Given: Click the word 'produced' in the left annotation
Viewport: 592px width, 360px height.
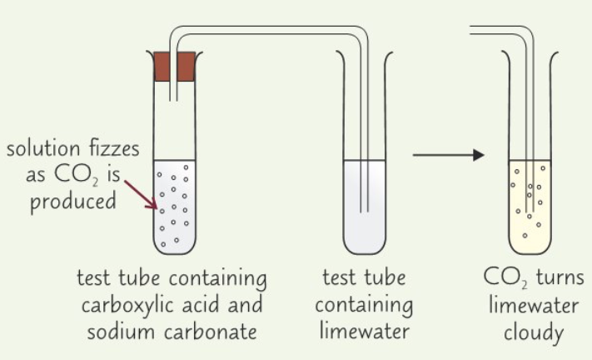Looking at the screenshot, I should point(73,202).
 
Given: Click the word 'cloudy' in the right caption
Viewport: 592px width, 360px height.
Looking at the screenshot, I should point(532,331).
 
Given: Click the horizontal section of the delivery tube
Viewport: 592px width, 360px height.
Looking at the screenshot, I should point(266,33).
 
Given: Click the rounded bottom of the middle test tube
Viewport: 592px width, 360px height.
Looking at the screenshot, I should point(363,247).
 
